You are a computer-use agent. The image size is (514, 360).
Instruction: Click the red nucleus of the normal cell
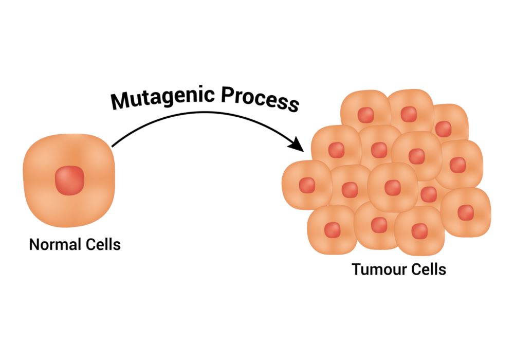click(69, 181)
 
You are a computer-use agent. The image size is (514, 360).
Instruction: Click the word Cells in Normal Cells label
click(102, 244)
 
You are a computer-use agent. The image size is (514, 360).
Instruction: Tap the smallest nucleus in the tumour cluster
click(428, 194)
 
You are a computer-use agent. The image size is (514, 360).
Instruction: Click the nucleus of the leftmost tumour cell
click(307, 185)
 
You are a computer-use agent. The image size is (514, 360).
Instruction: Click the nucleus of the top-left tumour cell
click(365, 114)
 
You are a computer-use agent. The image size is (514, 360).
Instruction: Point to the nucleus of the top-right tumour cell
click(443, 128)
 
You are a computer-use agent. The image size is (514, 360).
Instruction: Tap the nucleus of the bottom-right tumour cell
click(465, 212)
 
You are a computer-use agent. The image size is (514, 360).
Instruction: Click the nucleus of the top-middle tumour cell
click(409, 114)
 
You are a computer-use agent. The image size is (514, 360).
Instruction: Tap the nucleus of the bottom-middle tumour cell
click(379, 225)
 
